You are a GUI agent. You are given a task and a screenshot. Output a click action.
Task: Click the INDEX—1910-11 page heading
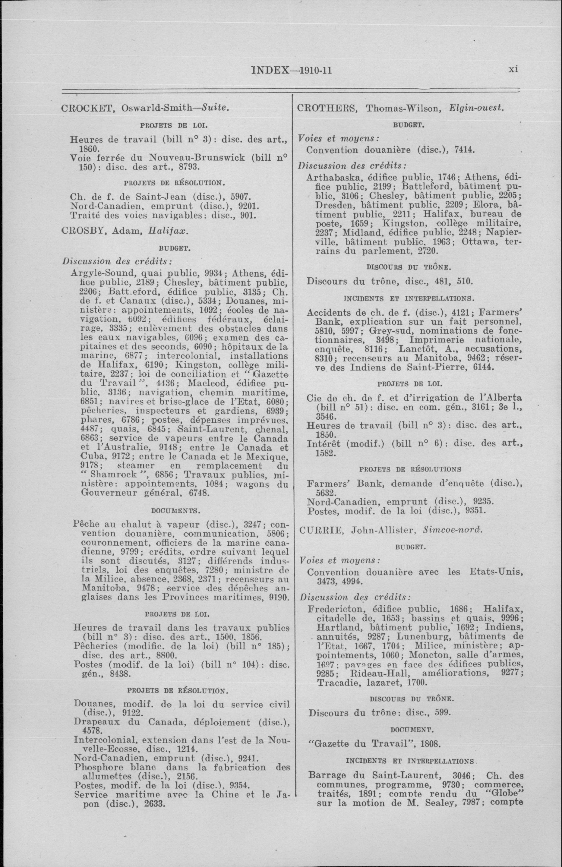click(x=291, y=70)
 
